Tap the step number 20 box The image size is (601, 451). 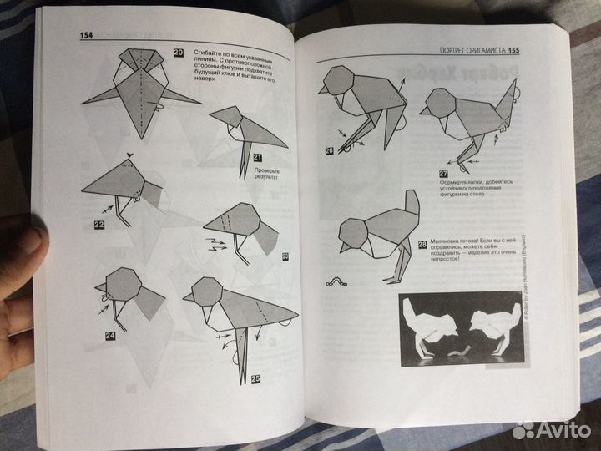point(179,53)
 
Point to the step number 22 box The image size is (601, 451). point(98,225)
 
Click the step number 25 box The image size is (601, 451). point(255,378)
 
